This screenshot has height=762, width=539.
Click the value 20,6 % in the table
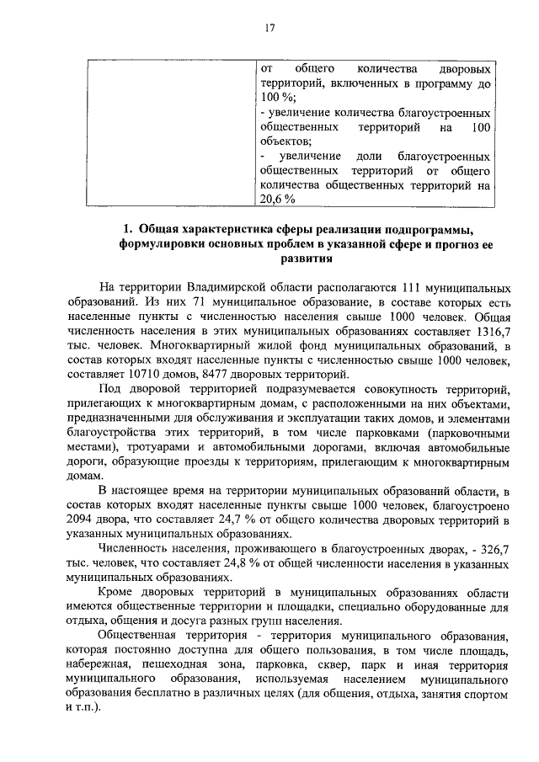[277, 200]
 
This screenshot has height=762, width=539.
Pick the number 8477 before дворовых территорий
[220, 375]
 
